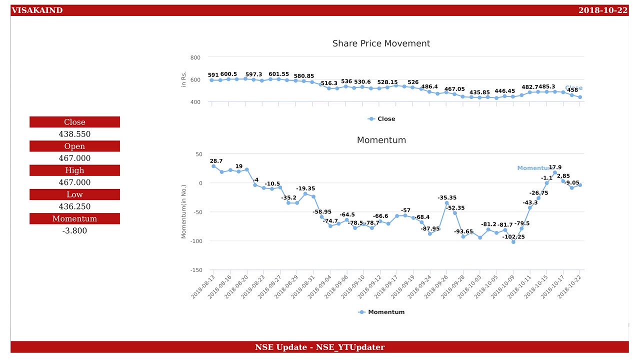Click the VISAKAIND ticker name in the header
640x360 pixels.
(37, 10)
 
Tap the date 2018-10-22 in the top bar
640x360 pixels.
(602, 10)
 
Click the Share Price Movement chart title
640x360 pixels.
(381, 43)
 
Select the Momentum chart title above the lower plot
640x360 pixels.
(381, 140)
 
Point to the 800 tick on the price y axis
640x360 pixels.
(195, 58)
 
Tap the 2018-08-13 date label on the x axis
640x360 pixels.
(203, 286)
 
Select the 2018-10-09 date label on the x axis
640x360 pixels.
(503, 286)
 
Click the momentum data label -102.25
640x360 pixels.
(513, 237)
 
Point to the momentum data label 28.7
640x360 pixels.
(216, 161)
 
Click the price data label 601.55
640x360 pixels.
(278, 74)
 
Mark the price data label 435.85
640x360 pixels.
(479, 92)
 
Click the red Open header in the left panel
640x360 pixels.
(74, 146)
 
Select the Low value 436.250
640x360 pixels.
(74, 206)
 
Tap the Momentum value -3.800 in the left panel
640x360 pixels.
(74, 230)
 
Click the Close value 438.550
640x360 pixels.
(74, 134)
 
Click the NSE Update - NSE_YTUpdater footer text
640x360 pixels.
(319, 347)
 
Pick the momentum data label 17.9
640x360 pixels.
(555, 167)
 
